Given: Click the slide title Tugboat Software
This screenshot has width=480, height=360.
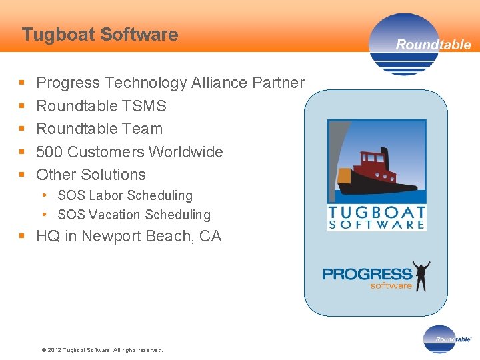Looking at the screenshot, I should [100, 35].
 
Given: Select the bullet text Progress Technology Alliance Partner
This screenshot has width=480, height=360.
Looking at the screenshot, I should [170, 83].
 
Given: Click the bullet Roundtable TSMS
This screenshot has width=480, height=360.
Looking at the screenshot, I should [101, 106].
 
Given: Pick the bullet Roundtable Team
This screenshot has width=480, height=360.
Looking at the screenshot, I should [99, 129].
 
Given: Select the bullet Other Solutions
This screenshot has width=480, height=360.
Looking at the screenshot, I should [91, 175].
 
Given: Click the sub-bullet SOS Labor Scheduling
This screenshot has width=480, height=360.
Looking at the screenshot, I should [125, 195].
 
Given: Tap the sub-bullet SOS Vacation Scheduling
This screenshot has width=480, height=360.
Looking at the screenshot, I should [133, 215].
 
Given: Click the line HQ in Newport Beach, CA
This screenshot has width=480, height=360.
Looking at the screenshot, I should [129, 237].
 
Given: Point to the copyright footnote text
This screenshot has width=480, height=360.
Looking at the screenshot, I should [102, 350].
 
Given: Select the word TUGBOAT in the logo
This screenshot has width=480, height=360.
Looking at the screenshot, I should [377, 213].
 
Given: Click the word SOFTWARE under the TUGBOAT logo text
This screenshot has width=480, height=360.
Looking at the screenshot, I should [377, 225].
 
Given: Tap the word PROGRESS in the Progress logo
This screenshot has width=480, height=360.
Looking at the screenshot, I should [367, 274].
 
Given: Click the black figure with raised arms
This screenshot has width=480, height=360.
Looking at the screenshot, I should [421, 276].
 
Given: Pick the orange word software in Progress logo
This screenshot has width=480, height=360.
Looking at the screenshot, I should [391, 286].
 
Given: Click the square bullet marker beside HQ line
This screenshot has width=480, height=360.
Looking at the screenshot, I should [22, 237].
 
